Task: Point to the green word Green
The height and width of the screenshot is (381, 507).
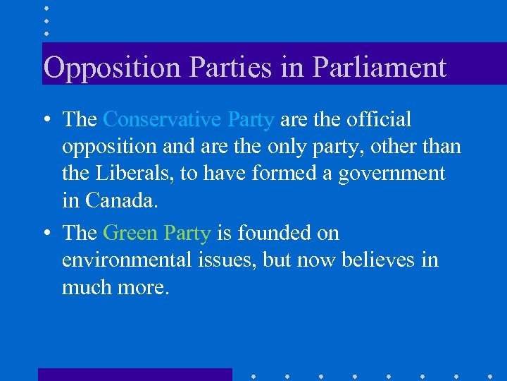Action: (130, 233)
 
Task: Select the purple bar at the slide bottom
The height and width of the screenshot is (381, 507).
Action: (134, 375)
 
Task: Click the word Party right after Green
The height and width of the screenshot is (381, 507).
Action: (187, 234)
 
